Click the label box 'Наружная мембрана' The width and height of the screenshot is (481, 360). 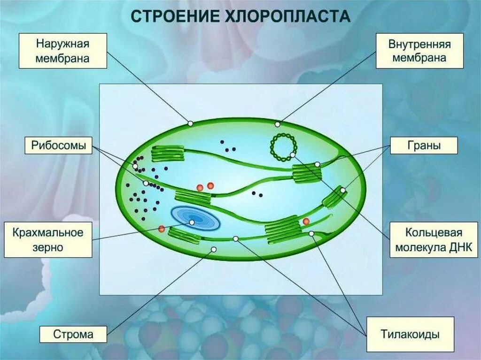63,51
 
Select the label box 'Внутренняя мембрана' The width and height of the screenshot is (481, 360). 419,51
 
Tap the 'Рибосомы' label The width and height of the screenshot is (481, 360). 58,146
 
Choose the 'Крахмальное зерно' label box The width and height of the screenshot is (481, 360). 48,240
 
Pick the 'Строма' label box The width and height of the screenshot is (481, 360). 73,335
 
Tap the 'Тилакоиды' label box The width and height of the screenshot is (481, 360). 410,335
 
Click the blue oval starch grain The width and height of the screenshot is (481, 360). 195,218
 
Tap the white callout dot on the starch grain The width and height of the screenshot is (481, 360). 192,222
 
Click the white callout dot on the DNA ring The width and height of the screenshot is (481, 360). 292,154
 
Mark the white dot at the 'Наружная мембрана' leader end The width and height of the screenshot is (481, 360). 190,123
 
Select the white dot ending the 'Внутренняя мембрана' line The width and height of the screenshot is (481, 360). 278,124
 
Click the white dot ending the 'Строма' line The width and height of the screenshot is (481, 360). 214,249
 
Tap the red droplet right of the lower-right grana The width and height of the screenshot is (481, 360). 306,221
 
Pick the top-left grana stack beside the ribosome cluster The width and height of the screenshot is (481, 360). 167,154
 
